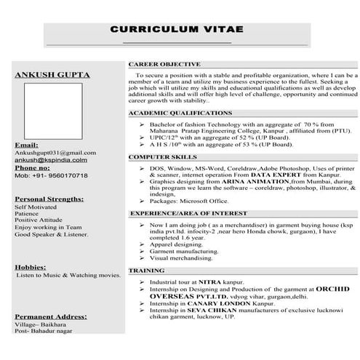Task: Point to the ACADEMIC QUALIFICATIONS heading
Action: (x=180, y=113)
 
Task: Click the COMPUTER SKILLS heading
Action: (x=163, y=157)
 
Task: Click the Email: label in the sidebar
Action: (x=26, y=145)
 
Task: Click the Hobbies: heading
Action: (x=31, y=268)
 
